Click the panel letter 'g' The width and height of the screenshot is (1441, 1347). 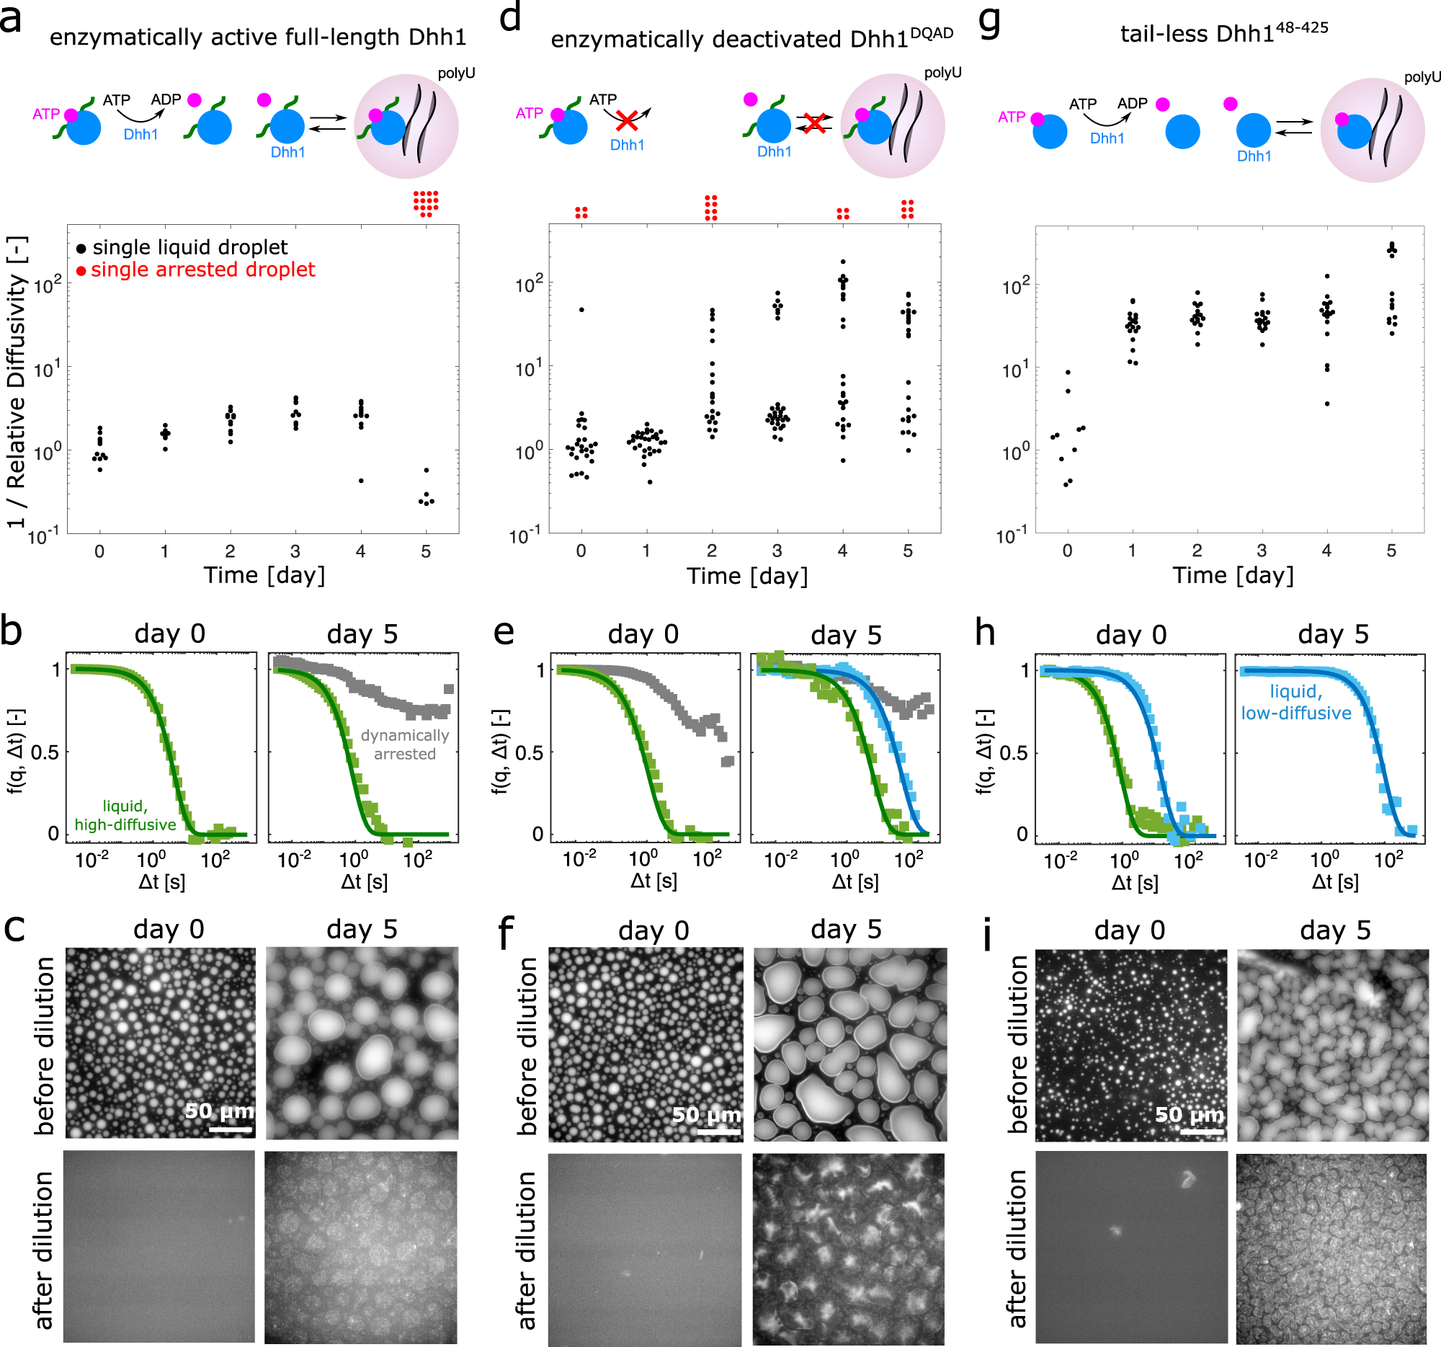pyautogui.click(x=990, y=22)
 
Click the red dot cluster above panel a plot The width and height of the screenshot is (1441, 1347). pyautogui.click(x=427, y=204)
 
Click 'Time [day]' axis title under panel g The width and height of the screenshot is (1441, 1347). pyautogui.click(x=1232, y=575)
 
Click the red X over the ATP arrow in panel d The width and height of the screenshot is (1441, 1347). pyautogui.click(x=626, y=120)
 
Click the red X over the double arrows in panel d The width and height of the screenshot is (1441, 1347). pyautogui.click(x=815, y=123)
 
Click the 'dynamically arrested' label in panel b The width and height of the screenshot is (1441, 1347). pyautogui.click(x=404, y=744)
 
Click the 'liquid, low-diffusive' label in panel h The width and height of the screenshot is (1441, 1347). pyautogui.click(x=1295, y=702)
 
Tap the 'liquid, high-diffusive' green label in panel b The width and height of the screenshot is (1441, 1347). pyautogui.click(x=125, y=815)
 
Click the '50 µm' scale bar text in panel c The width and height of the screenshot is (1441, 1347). pyautogui.click(x=219, y=1111)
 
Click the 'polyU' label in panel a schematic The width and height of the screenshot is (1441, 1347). pyautogui.click(x=456, y=74)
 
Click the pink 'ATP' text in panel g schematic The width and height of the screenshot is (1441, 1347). pyautogui.click(x=1010, y=117)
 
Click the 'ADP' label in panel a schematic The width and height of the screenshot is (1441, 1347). pyautogui.click(x=165, y=99)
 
